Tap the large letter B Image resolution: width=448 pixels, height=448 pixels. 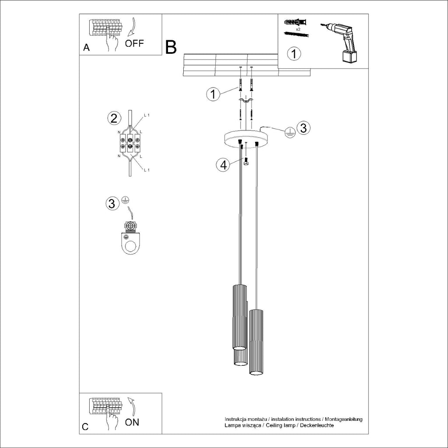coord(171,47)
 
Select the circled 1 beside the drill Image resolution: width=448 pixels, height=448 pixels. coord(294,54)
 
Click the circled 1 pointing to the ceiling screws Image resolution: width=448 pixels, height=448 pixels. coord(213,94)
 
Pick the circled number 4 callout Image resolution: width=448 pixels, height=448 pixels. coord(224,165)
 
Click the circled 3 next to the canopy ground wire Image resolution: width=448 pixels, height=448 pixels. coord(304,128)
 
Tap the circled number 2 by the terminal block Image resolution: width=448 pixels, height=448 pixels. coord(114,118)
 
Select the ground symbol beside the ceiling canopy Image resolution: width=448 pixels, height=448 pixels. coord(289,133)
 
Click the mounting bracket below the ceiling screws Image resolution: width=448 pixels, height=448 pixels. coord(246,101)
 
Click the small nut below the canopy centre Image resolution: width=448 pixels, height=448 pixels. coord(246,163)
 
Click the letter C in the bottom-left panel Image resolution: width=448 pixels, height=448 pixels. coord(85,427)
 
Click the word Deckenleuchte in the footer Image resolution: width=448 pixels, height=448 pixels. coord(317,425)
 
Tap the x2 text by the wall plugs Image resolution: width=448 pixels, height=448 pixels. coord(297,28)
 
